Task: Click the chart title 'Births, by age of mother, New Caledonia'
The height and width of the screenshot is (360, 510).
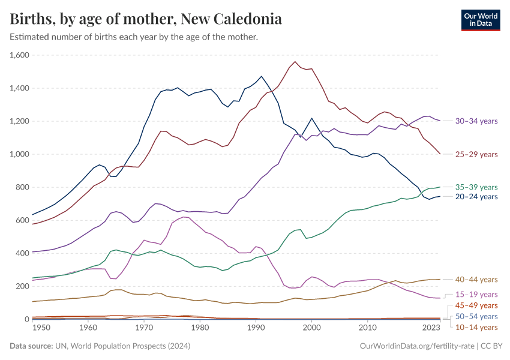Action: click(x=146, y=19)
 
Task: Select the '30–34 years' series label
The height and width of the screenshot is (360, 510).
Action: click(x=476, y=121)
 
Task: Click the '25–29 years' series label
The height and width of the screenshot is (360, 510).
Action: click(x=476, y=154)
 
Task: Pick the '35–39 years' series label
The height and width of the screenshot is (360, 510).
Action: click(x=476, y=187)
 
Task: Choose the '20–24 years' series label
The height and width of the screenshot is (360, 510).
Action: click(x=476, y=197)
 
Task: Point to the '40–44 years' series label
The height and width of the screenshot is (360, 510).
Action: click(x=476, y=280)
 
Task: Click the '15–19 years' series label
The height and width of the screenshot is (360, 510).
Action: click(x=476, y=295)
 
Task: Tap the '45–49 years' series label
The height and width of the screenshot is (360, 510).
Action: click(x=476, y=305)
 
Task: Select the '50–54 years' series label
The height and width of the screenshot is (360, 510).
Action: click(x=476, y=316)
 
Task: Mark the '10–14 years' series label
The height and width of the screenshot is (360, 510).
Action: click(x=476, y=327)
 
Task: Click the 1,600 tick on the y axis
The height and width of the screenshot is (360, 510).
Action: click(x=20, y=55)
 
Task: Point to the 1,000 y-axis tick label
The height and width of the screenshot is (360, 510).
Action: click(x=20, y=154)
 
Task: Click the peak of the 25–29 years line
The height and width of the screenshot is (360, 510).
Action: click(x=295, y=62)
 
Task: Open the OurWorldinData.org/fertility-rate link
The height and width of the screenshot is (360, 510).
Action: click(x=418, y=346)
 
